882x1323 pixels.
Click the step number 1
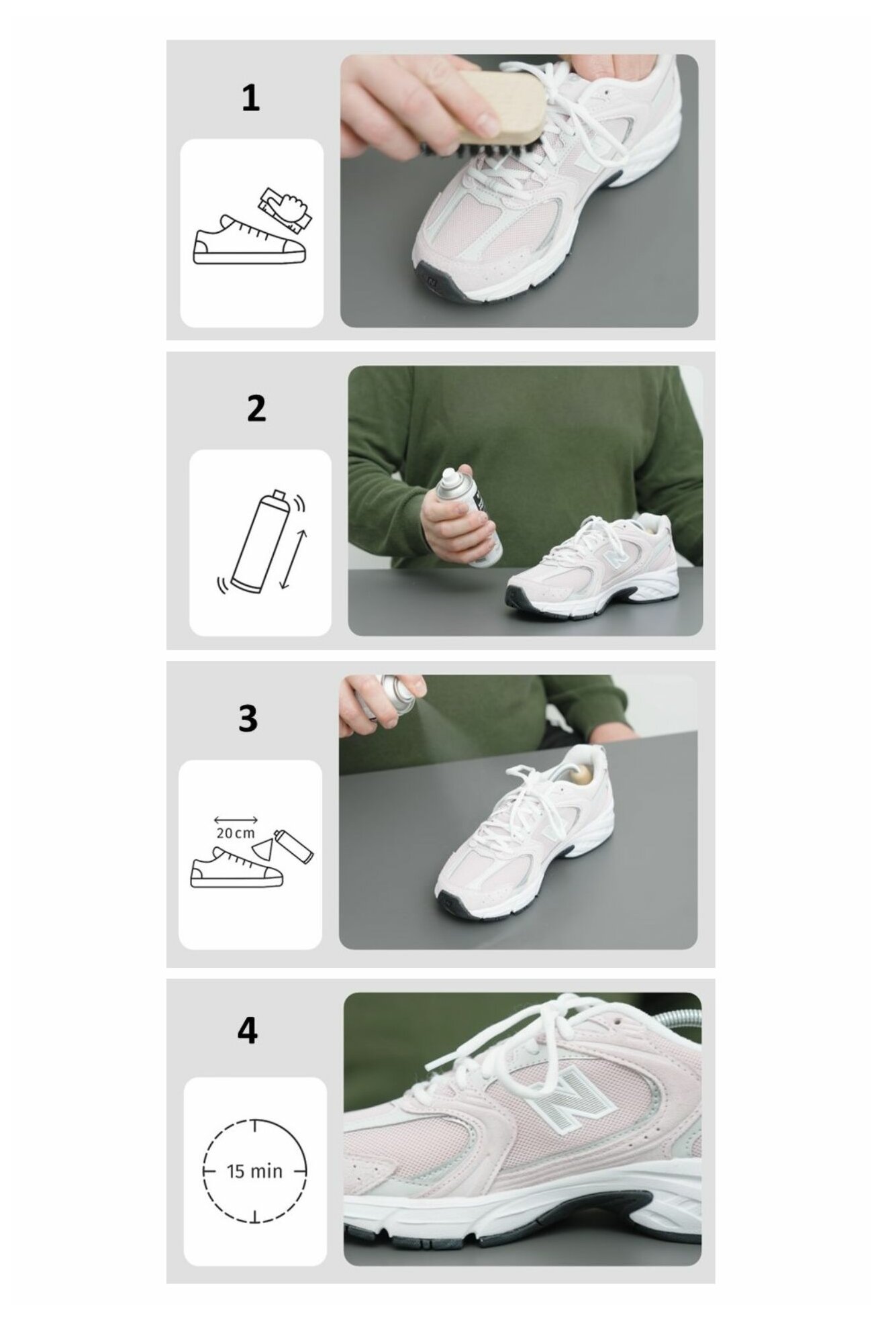[x=250, y=99]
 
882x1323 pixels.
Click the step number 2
[x=256, y=409]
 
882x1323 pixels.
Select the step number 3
[x=248, y=718]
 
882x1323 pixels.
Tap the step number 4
[x=247, y=1030]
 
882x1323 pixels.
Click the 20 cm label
[x=236, y=833]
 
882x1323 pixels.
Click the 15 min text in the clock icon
[x=254, y=1172]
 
